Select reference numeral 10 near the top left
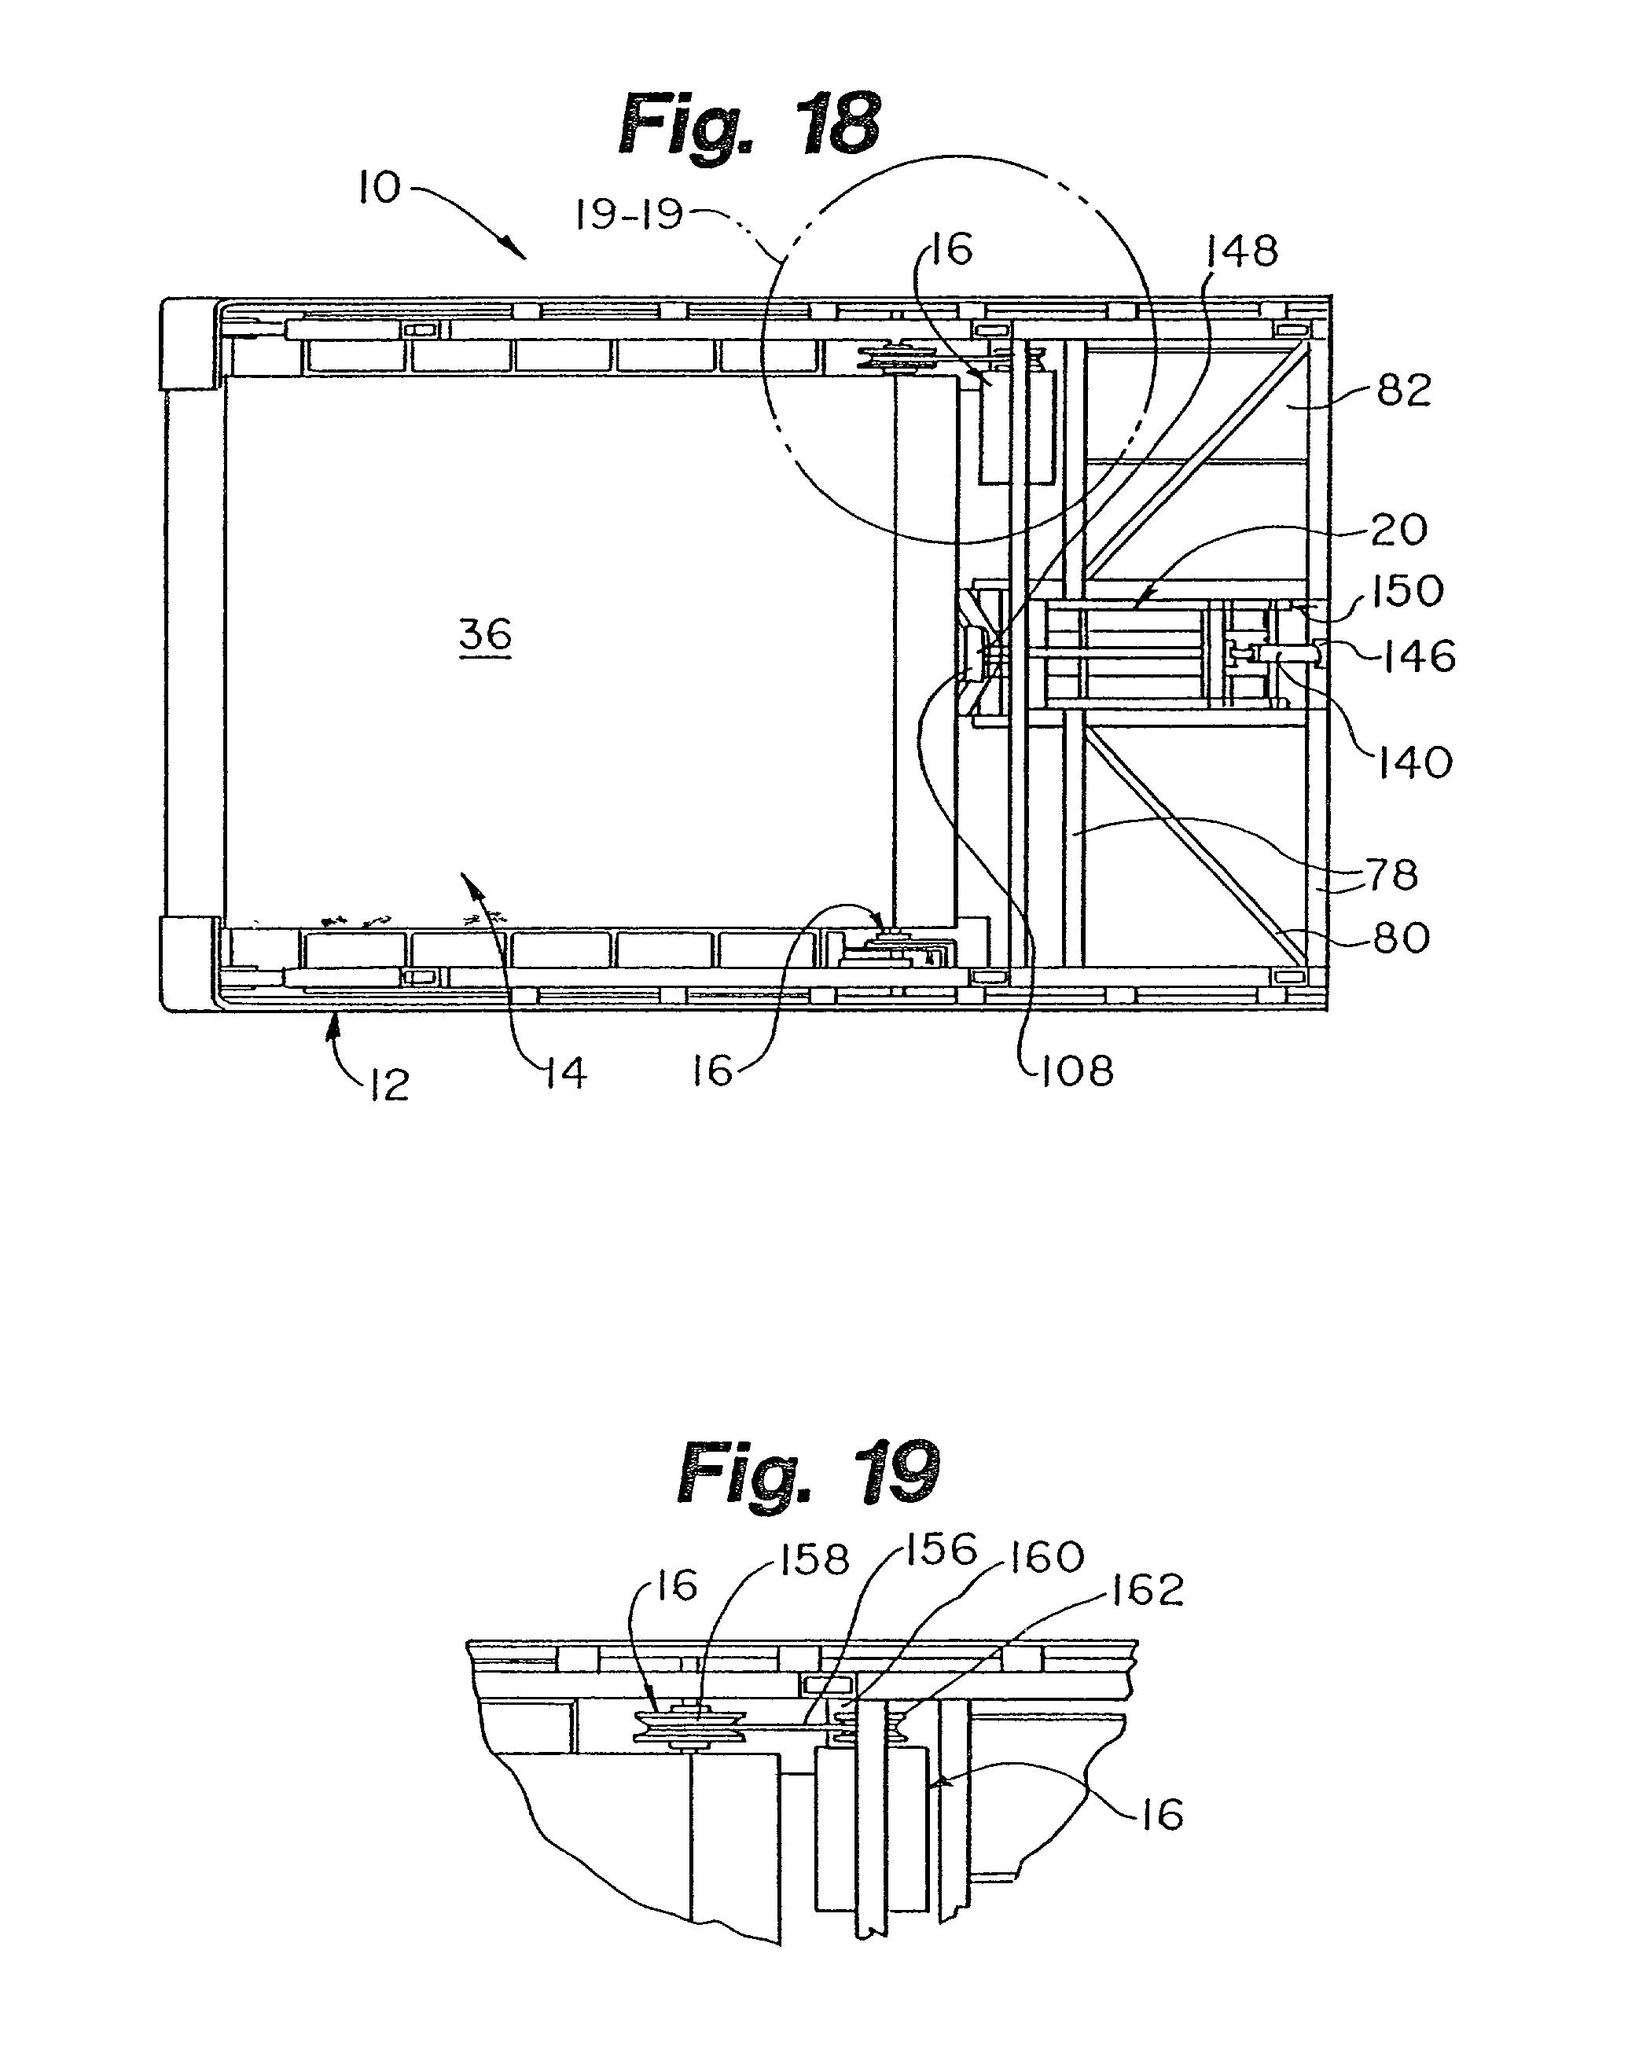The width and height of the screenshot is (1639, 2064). click(379, 188)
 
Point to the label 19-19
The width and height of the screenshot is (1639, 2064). click(629, 215)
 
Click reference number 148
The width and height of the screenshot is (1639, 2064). click(1242, 251)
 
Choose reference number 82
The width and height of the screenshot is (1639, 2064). click(1403, 391)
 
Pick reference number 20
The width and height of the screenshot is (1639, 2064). click(1398, 530)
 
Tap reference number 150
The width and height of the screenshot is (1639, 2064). click(1406, 592)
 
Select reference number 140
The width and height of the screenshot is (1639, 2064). click(1415, 763)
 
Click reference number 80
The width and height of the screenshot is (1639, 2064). click(1402, 938)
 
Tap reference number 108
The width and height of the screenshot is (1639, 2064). click(1077, 1071)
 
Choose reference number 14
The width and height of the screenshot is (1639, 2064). click(566, 1073)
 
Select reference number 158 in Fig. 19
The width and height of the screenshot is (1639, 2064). click(814, 1559)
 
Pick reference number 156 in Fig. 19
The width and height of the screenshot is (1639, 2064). click(942, 1549)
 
